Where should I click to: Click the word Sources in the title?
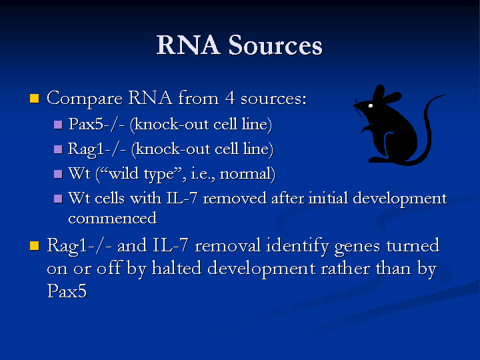click(x=275, y=45)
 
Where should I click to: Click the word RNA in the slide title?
click(x=188, y=45)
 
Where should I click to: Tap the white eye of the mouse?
click(x=371, y=105)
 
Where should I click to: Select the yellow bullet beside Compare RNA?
click(x=35, y=98)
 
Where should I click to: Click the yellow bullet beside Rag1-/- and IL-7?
click(x=35, y=246)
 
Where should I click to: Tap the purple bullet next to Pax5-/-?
click(x=58, y=125)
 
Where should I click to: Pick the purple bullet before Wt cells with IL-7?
click(x=58, y=199)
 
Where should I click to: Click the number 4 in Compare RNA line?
click(x=230, y=98)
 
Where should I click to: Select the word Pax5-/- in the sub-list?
click(x=97, y=124)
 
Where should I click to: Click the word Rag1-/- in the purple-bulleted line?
click(x=97, y=149)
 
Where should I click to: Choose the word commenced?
click(x=113, y=218)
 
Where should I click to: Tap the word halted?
click(x=177, y=268)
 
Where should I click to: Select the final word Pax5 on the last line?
click(x=67, y=291)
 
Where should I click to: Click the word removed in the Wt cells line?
click(x=235, y=198)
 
